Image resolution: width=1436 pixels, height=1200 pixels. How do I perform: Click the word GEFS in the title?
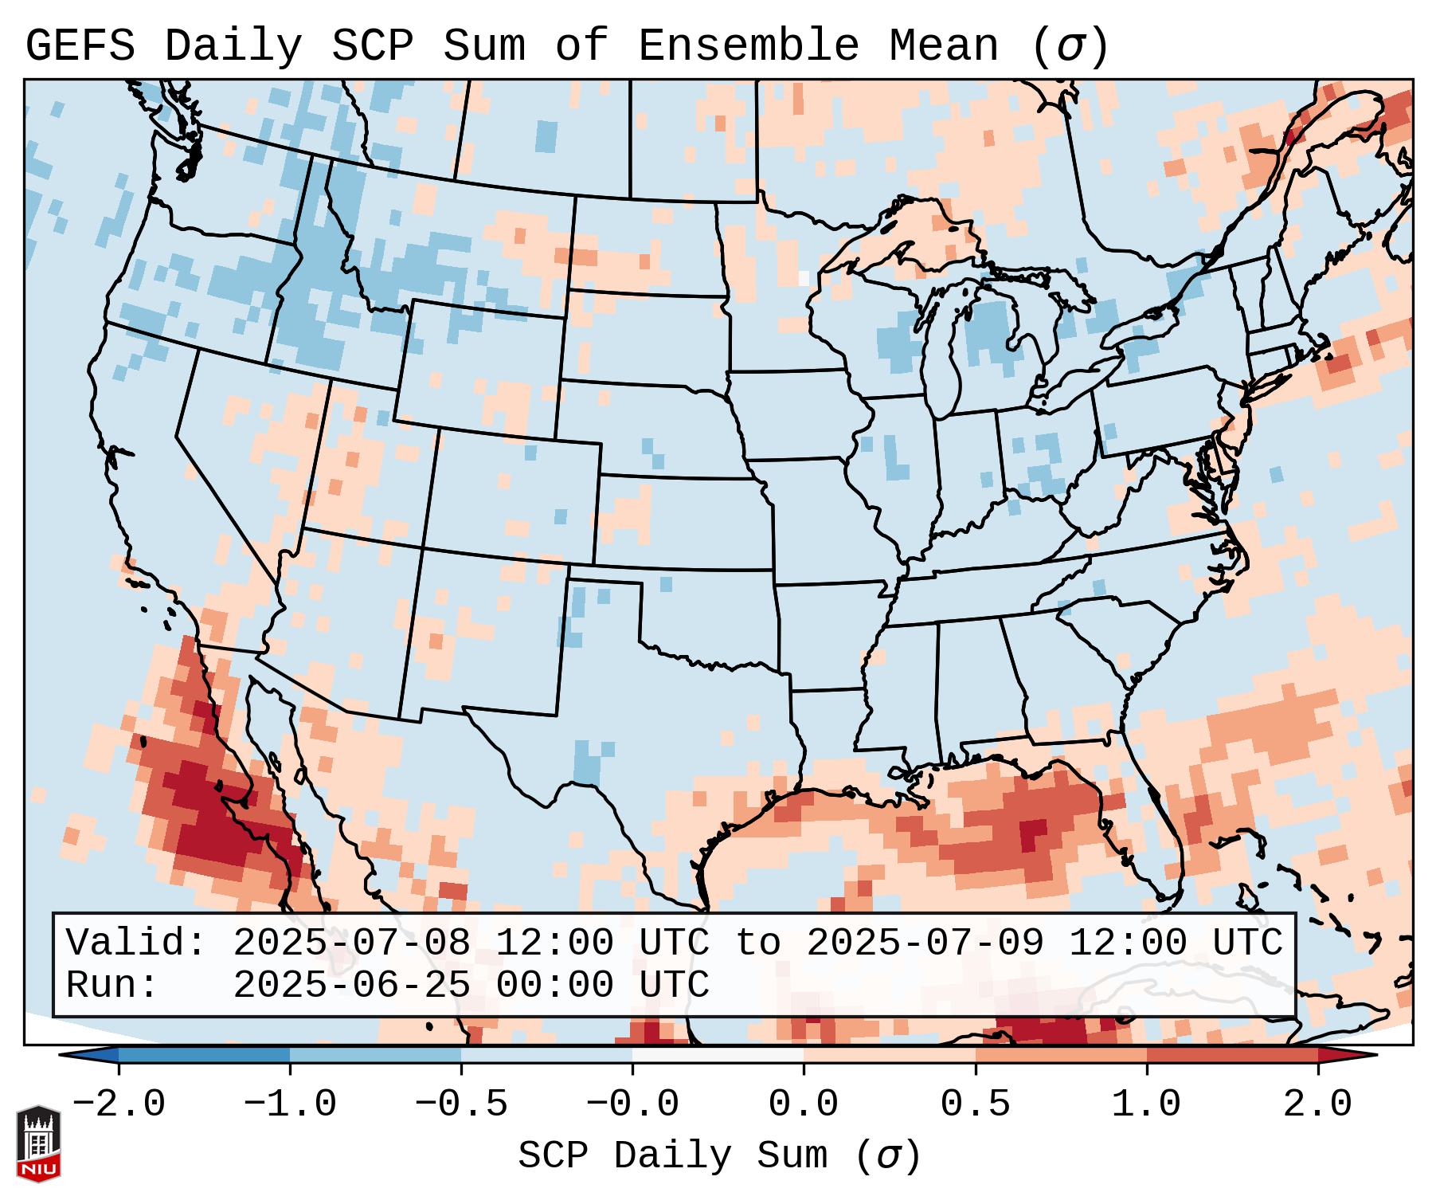(x=80, y=46)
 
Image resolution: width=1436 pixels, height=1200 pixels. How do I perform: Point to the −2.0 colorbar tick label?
(x=119, y=1104)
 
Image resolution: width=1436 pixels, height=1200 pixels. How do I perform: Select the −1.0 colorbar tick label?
(x=290, y=1104)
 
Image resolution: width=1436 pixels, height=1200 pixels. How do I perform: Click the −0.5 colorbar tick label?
(x=461, y=1104)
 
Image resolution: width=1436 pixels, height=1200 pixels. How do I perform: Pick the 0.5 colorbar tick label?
(x=976, y=1104)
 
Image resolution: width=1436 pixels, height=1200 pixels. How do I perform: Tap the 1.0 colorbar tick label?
(x=1147, y=1104)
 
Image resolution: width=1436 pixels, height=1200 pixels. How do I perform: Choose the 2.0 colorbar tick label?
(x=1318, y=1104)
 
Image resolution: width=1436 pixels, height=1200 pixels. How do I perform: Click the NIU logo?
(x=38, y=1143)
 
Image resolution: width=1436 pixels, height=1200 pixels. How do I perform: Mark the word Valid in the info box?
(x=135, y=943)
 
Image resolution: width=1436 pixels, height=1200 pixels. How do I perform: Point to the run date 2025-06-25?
(x=351, y=985)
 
